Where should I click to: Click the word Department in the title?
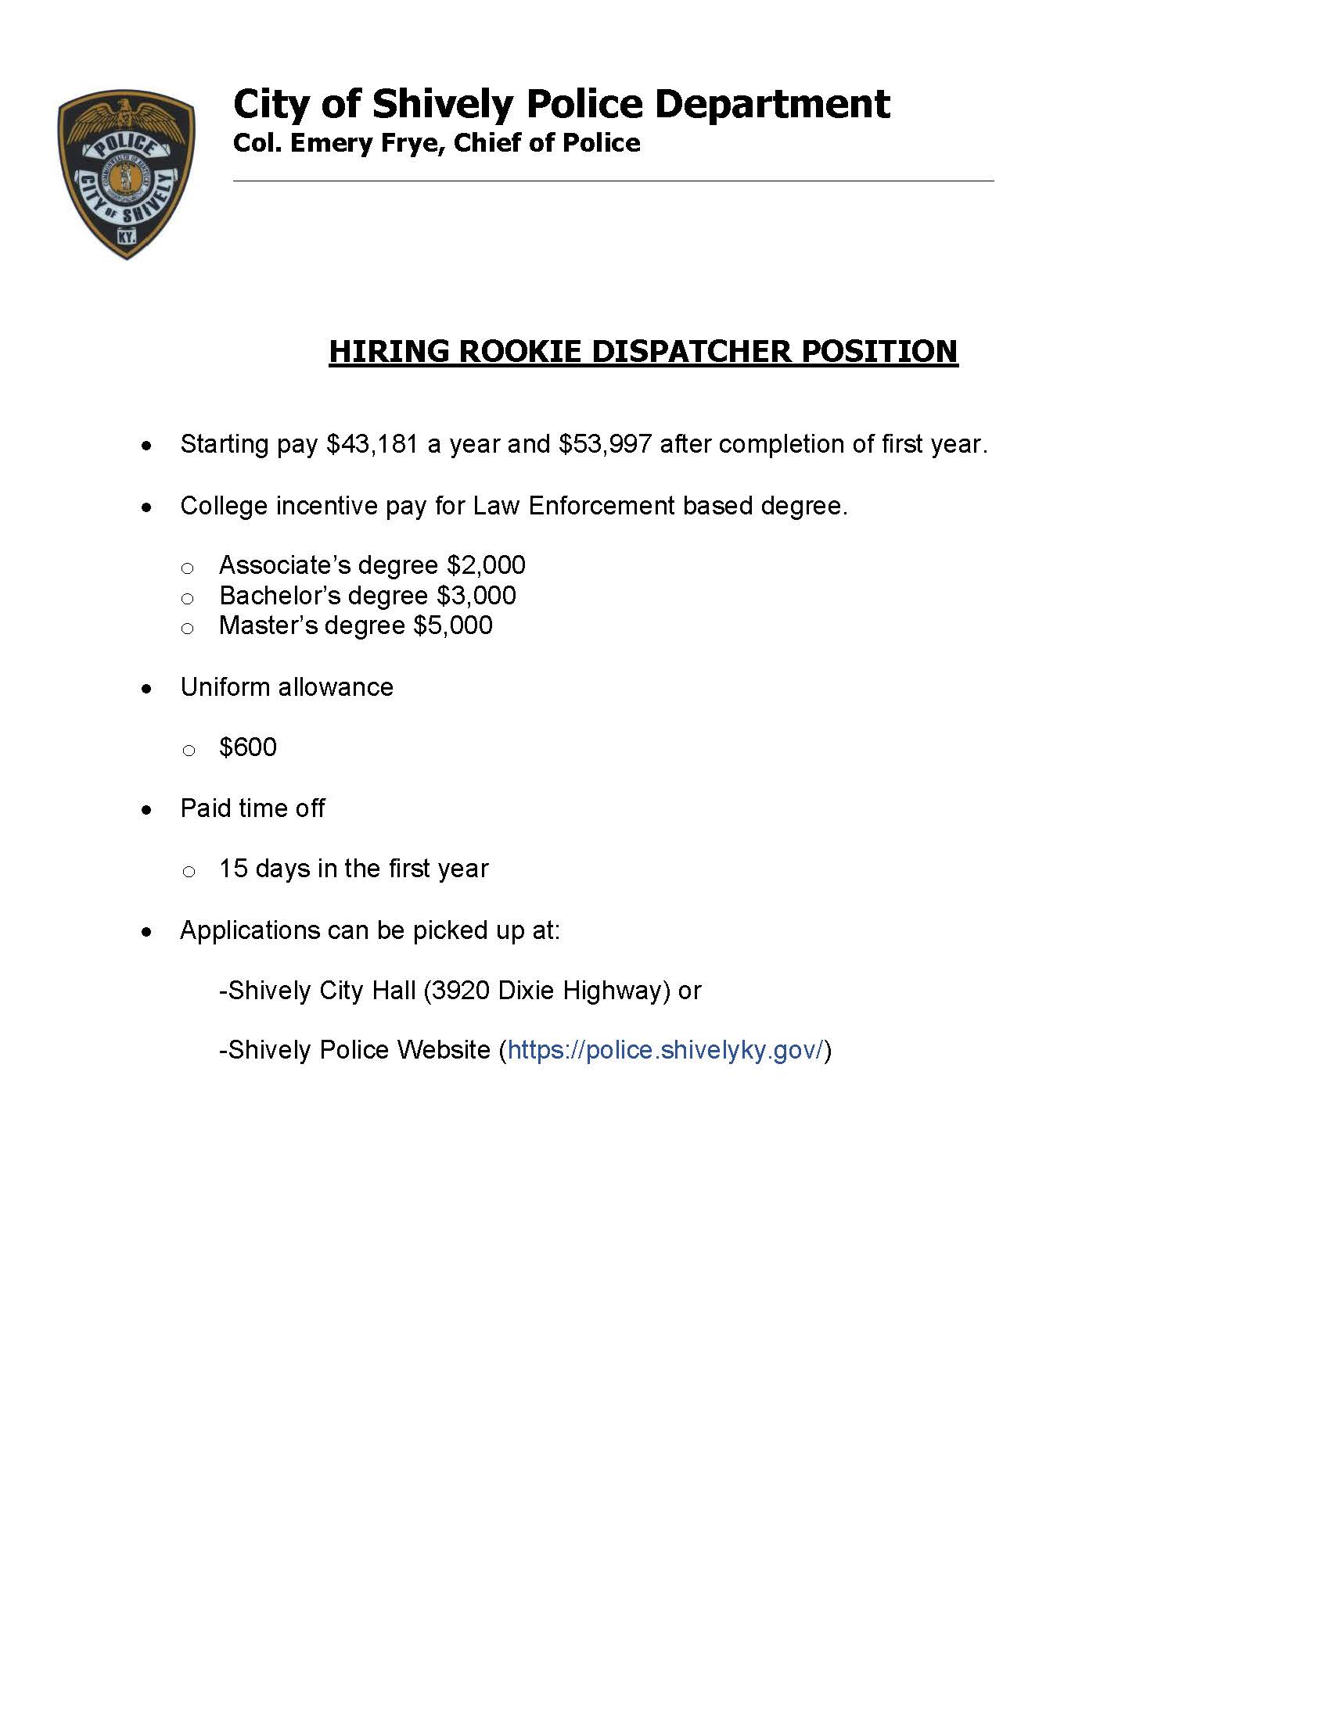pyautogui.click(x=771, y=104)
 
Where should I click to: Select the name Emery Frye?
pyautogui.click(x=361, y=143)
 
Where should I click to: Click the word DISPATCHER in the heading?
pyautogui.click(x=695, y=351)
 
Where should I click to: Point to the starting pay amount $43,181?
pyautogui.click(x=372, y=445)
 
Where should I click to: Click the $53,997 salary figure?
pyautogui.click(x=605, y=445)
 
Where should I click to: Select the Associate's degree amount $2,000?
pyautogui.click(x=486, y=565)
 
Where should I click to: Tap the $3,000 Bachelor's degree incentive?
pyautogui.click(x=476, y=596)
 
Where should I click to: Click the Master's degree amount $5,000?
pyautogui.click(x=453, y=625)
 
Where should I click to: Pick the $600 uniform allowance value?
pyautogui.click(x=248, y=747)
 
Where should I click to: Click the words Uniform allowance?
pyautogui.click(x=287, y=687)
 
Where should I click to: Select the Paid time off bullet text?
pyautogui.click(x=252, y=809)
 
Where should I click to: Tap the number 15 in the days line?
pyautogui.click(x=234, y=869)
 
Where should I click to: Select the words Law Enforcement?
pyautogui.click(x=573, y=506)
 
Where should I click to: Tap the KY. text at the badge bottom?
pyautogui.click(x=126, y=236)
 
